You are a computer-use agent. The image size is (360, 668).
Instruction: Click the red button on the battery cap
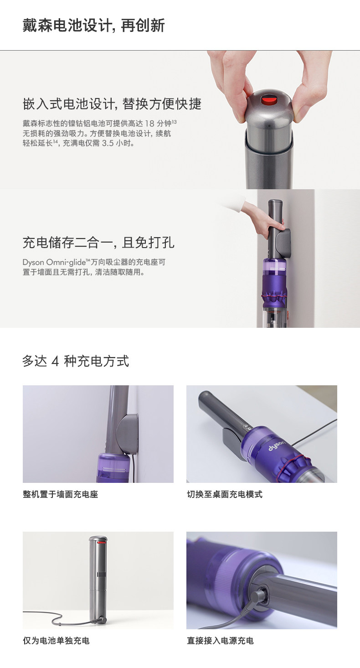click(x=269, y=99)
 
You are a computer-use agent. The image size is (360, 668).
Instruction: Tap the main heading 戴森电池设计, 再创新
click(x=93, y=26)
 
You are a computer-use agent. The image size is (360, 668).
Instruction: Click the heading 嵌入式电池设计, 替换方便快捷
click(x=112, y=104)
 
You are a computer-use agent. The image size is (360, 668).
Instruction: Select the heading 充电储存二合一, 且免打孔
click(x=98, y=243)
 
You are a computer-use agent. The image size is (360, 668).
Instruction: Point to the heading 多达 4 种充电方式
click(x=76, y=361)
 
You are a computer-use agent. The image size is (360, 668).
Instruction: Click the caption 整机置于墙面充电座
click(x=61, y=494)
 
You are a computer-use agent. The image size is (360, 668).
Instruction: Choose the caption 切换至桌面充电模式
click(x=224, y=494)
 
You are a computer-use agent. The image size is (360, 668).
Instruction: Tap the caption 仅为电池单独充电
click(x=57, y=641)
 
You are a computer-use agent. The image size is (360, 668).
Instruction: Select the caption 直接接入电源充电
click(x=220, y=641)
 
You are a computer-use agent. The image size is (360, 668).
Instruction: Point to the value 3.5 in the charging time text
click(x=108, y=143)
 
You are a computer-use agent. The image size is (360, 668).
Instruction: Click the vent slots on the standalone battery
click(x=101, y=575)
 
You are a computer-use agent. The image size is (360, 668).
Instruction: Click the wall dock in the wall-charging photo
click(x=128, y=434)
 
